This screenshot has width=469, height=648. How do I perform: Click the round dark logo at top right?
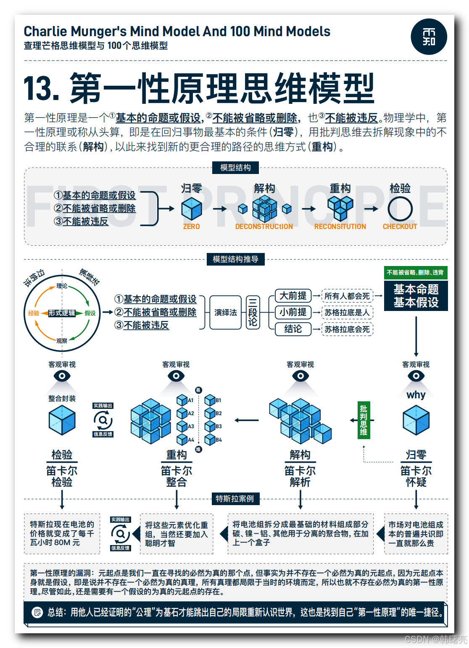click(x=429, y=37)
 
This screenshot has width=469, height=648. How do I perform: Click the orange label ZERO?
click(x=191, y=227)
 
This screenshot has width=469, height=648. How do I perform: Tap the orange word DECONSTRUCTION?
click(x=264, y=227)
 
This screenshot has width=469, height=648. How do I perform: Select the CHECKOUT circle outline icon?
click(x=400, y=209)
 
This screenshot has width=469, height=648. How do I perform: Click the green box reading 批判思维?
click(x=364, y=420)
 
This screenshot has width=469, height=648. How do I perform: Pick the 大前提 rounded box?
click(x=293, y=296)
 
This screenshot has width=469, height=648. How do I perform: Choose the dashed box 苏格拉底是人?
click(x=347, y=313)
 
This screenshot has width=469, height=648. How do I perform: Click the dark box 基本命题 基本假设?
click(x=416, y=296)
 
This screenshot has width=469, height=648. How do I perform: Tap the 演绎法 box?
click(x=226, y=313)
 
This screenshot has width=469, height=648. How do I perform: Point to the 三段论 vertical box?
click(x=253, y=313)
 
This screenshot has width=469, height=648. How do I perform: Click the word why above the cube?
click(x=416, y=395)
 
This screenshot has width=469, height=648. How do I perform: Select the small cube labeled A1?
click(x=182, y=400)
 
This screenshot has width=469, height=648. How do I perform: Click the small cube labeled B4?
click(x=210, y=440)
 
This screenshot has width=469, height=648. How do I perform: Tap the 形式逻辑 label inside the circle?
click(x=62, y=313)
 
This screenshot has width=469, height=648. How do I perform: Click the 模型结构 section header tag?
click(x=235, y=168)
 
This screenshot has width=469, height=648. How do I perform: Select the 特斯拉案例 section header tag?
click(x=235, y=499)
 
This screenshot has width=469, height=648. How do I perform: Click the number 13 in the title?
click(x=41, y=89)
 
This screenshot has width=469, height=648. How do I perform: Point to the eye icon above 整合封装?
click(x=62, y=376)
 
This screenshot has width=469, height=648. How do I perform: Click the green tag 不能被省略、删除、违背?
click(x=415, y=272)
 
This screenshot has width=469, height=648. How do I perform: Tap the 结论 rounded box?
click(x=293, y=329)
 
